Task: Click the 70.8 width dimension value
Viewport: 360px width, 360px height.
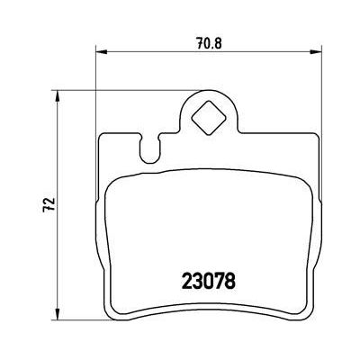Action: point(209,44)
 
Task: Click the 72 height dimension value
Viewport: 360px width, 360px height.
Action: point(49,204)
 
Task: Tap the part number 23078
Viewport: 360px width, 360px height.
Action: point(209,281)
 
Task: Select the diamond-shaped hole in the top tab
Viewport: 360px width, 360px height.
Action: point(209,118)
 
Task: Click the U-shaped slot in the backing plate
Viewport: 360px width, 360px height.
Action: point(149,149)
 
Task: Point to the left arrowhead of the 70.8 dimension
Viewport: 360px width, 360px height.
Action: point(102,52)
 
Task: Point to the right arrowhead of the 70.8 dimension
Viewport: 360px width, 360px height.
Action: point(316,52)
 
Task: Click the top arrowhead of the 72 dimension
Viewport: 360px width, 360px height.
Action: point(58,96)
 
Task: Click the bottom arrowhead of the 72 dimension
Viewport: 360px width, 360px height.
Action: point(58,314)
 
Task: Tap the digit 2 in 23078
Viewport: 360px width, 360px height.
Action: point(188,281)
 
